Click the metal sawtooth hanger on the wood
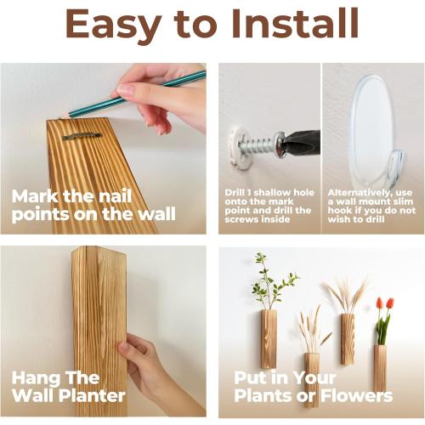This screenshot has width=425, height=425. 81,135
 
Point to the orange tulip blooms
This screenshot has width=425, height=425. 384,303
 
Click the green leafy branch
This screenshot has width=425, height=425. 272,285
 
